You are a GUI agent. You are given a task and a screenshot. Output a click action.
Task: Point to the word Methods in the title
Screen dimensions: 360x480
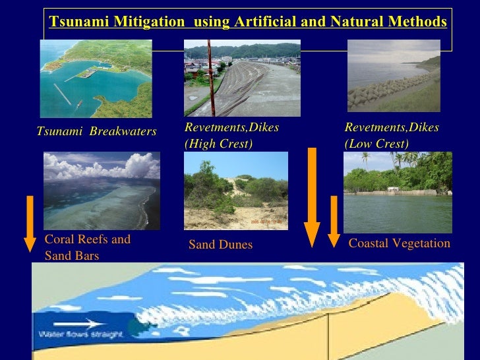click(418, 22)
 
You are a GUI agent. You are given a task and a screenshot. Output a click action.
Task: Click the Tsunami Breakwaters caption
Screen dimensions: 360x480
click(96, 132)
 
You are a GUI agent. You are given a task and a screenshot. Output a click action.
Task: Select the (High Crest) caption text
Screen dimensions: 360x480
click(218, 144)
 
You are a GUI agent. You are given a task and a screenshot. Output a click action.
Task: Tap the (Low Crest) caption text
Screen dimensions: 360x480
click(376, 144)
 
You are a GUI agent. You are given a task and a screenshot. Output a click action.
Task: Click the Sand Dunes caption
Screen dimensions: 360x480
click(220, 245)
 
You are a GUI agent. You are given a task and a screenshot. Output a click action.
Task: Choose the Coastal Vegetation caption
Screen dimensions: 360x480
click(399, 244)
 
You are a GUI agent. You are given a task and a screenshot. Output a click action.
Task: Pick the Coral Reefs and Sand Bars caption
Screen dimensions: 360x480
click(87, 247)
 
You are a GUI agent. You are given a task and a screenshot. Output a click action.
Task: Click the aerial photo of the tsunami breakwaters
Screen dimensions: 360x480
click(96, 78)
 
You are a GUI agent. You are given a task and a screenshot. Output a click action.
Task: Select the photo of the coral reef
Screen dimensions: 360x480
click(102, 191)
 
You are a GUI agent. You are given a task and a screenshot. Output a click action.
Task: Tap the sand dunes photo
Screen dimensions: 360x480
click(236, 191)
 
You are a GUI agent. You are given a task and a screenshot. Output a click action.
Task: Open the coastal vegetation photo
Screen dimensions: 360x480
click(398, 191)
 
